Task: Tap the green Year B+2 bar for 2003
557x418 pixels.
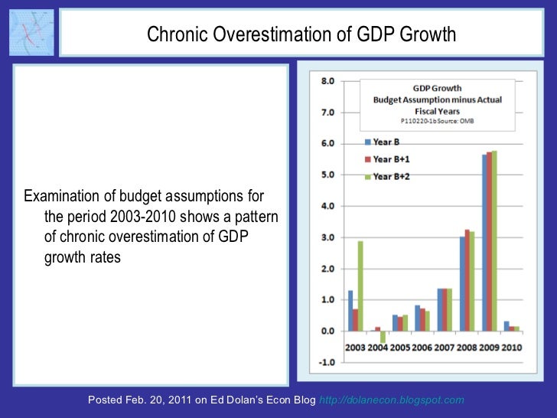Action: point(360,286)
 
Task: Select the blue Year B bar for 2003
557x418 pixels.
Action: point(350,310)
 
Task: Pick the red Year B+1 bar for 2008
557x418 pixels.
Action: point(467,279)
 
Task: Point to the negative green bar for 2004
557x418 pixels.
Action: point(383,336)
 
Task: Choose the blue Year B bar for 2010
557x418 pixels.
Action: point(507,326)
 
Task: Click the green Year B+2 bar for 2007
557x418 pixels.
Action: point(449,309)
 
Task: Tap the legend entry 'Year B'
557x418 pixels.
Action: point(385,142)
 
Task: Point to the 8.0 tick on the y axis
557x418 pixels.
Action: point(327,81)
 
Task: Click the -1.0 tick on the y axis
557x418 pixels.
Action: point(326,362)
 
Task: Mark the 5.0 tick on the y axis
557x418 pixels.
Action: point(327,175)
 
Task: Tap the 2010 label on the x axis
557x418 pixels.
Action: point(511,348)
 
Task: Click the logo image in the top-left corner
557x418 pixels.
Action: point(31,33)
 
